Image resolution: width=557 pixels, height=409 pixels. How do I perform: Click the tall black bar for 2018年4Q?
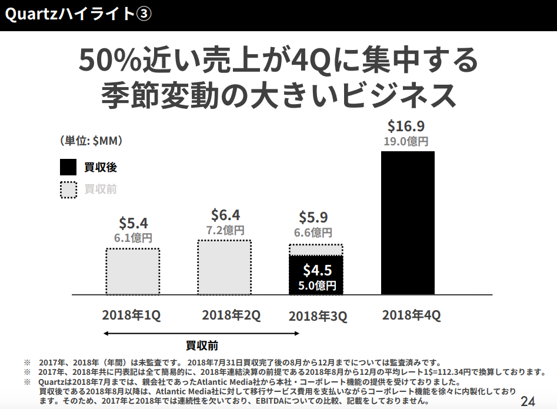(x=408, y=222)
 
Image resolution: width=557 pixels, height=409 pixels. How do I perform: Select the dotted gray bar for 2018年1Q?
(x=133, y=271)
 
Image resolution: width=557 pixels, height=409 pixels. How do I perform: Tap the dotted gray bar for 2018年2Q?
(x=224, y=267)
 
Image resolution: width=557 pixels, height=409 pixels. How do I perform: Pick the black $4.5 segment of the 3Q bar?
(x=316, y=275)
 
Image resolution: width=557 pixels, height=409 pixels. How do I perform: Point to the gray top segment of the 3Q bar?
(x=316, y=250)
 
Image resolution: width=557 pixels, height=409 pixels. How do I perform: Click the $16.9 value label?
(x=406, y=126)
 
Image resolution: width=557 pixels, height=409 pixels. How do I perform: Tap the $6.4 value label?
(x=225, y=215)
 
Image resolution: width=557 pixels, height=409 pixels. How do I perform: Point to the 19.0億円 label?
(x=406, y=141)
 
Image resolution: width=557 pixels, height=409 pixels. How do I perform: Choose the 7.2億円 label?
(x=225, y=230)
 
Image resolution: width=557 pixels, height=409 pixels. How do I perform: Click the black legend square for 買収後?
(x=68, y=167)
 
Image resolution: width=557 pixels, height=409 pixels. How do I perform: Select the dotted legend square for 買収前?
(x=68, y=189)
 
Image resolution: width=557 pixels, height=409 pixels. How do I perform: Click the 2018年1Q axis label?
(x=131, y=315)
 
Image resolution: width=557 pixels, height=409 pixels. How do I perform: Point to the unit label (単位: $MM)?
(x=91, y=141)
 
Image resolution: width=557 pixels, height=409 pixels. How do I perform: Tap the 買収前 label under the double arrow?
(x=202, y=345)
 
